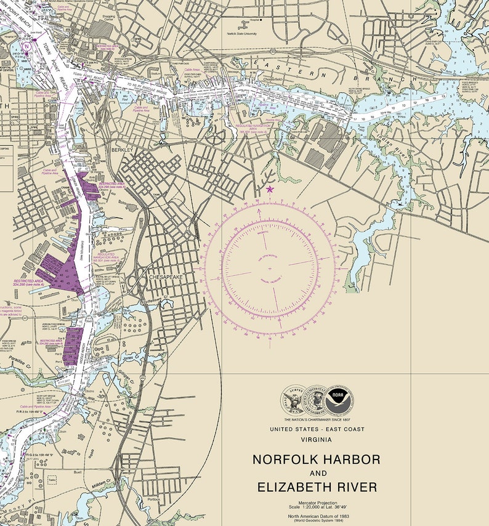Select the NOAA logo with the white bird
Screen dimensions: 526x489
coord(341,400)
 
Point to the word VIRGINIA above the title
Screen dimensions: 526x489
coord(317,440)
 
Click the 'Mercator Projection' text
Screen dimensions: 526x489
coord(317,503)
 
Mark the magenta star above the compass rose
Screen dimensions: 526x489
coord(269,189)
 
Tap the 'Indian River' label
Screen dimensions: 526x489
coord(398,154)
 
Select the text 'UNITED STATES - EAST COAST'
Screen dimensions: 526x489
coord(317,429)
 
